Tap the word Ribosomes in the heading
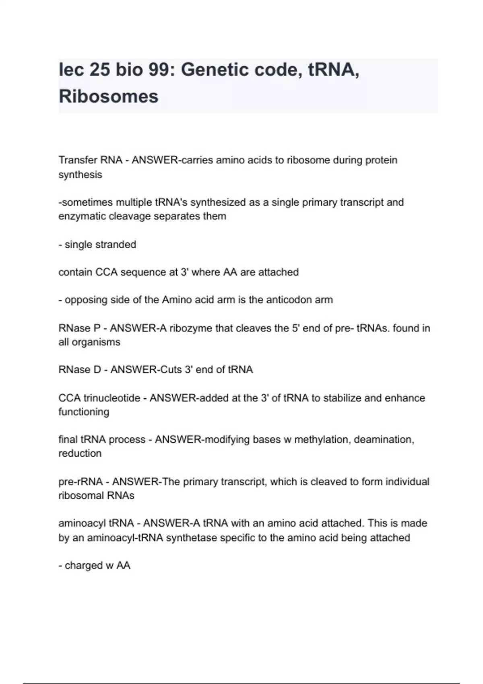pyautogui.click(x=109, y=97)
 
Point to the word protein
pyautogui.click(x=381, y=160)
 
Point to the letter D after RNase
pyautogui.click(x=97, y=370)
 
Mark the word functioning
pyautogui.click(x=84, y=412)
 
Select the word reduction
pyautogui.click(x=80, y=453)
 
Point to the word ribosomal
pyautogui.click(x=76, y=496)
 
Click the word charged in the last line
pyautogui.click(x=84, y=566)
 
